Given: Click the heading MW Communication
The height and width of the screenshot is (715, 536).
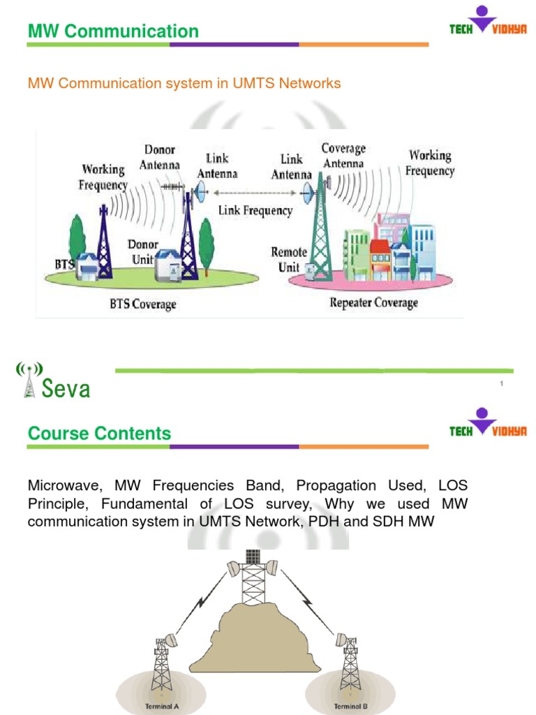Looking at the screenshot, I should coord(113,31).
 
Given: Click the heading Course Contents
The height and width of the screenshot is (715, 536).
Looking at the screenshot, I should coord(99,434).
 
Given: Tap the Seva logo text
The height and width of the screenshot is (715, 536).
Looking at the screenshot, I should coord(66,389).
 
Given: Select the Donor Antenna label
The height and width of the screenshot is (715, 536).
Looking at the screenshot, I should coord(161,157).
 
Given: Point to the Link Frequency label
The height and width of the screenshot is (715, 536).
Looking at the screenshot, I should coord(255,210).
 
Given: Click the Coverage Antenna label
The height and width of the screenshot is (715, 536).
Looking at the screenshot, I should coord(343,156).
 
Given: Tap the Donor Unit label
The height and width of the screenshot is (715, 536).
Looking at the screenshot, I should coord(144,252).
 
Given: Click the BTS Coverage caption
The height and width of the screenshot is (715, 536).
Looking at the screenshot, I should coord(142,304).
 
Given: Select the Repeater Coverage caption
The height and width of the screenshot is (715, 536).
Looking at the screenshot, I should coord(373,303).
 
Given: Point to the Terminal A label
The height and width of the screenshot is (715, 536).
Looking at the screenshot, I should coord(162,706).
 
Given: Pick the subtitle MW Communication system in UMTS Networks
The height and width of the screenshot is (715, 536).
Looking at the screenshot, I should coord(184,84).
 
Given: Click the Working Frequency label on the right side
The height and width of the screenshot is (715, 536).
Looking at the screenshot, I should coord(430,163).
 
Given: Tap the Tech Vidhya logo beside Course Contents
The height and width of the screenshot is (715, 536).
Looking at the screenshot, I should coord(487,425).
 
